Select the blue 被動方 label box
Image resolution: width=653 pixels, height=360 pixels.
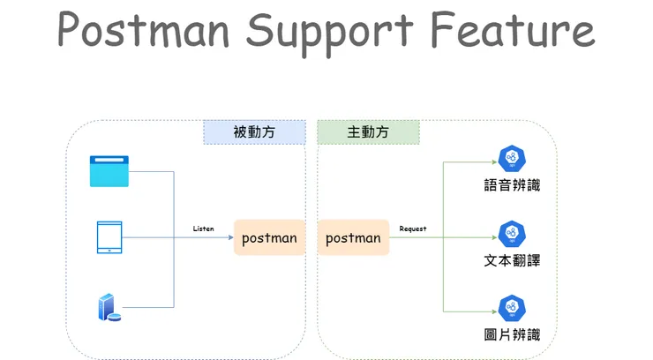coord(254,132)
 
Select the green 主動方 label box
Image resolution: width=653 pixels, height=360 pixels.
coord(368,132)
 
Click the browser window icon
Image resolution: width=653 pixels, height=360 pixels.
coord(109,171)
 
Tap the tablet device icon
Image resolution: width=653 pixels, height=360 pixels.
coord(109,237)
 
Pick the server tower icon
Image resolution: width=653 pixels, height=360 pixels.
coord(108,307)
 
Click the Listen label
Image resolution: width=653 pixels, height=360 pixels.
coord(203,229)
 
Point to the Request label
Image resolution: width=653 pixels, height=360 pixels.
coord(413,229)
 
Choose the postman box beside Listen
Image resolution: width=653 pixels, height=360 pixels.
coord(269,238)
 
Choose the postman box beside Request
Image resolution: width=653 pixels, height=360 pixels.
coord(353,238)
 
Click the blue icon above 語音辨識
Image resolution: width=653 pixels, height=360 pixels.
coord(512,160)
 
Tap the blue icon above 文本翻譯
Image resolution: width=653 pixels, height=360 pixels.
coord(512,234)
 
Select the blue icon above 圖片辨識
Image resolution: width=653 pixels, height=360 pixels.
coord(512,308)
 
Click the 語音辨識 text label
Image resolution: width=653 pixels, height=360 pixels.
coord(512,186)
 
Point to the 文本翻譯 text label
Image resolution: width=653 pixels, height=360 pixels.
coord(512,261)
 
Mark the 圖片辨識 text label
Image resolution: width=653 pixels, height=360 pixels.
coord(512,335)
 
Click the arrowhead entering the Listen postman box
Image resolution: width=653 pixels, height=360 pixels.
coord(229,238)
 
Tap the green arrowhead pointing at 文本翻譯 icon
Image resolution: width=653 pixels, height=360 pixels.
coord(492,238)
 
